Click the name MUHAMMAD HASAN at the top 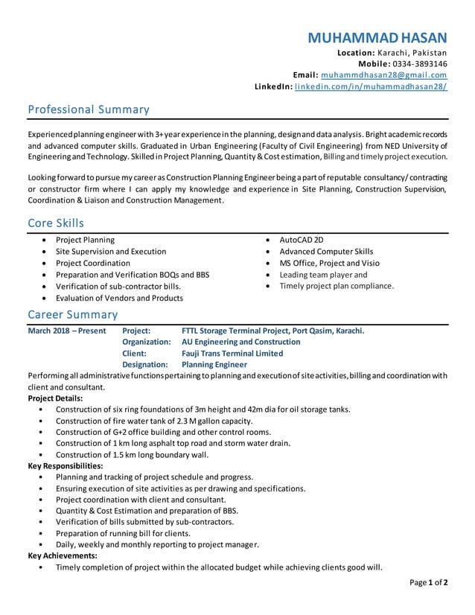pyautogui.click(x=377, y=37)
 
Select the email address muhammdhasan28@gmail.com pyautogui.click(x=384, y=75)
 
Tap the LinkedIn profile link pyautogui.click(x=371, y=87)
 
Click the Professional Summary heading pyautogui.click(x=89, y=110)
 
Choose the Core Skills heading pyautogui.click(x=56, y=223)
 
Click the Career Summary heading pyautogui.click(x=72, y=314)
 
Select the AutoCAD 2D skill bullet pyautogui.click(x=301, y=240)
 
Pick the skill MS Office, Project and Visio pyautogui.click(x=329, y=263)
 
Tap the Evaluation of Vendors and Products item pyautogui.click(x=119, y=298)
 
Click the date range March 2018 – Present pyautogui.click(x=67, y=331)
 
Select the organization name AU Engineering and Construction pyautogui.click(x=240, y=342)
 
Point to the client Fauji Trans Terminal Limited pyautogui.click(x=232, y=354)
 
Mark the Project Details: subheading pyautogui.click(x=55, y=398)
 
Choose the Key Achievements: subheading pyautogui.click(x=62, y=555)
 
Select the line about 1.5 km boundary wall pyautogui.click(x=132, y=454)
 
